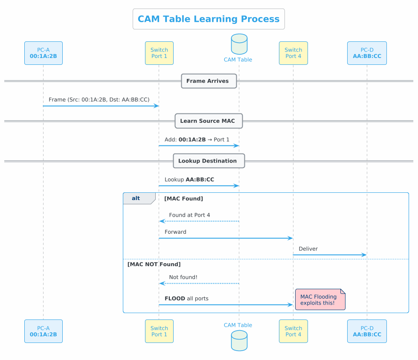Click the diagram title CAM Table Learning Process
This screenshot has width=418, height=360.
click(x=209, y=19)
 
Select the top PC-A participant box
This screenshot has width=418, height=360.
click(x=44, y=53)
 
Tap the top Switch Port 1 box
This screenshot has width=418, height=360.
click(x=159, y=53)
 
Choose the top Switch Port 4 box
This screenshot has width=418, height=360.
click(x=293, y=53)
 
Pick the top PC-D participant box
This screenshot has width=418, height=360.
click(x=367, y=53)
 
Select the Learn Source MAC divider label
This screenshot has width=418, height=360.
click(x=209, y=121)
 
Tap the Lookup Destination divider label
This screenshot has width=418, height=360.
click(x=209, y=161)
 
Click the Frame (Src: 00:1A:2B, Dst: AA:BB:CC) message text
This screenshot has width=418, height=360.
click(x=99, y=99)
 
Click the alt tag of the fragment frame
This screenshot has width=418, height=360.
click(x=136, y=198)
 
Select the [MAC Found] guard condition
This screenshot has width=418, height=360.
click(x=183, y=199)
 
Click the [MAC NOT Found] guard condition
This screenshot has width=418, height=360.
click(x=154, y=264)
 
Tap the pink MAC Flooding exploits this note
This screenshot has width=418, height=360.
click(x=319, y=300)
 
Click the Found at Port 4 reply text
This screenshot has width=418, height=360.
click(x=189, y=215)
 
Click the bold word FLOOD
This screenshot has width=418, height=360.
click(x=175, y=299)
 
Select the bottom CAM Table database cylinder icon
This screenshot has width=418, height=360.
click(x=238, y=341)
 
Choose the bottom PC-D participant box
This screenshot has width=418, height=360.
click(x=367, y=331)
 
